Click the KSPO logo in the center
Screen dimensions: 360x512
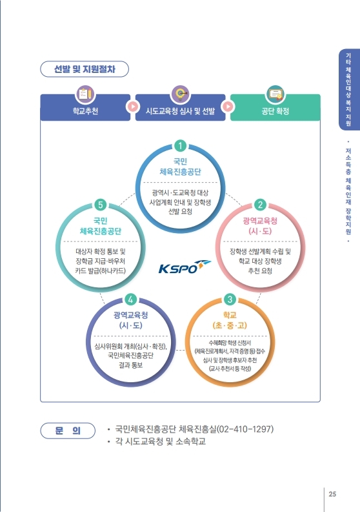click(x=185, y=267)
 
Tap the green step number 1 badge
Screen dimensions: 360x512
click(x=180, y=146)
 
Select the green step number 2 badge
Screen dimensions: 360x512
click(x=260, y=205)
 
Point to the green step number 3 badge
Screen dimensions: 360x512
click(x=230, y=299)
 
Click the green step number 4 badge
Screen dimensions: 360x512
click(x=130, y=299)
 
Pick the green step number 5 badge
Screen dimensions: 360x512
click(x=100, y=205)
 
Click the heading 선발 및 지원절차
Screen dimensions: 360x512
click(x=85, y=69)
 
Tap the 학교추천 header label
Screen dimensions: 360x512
click(x=85, y=111)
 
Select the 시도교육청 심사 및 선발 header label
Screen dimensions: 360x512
click(x=180, y=111)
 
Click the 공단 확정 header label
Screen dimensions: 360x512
click(x=275, y=111)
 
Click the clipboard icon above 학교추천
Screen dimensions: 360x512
click(x=85, y=94)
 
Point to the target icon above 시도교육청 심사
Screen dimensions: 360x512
click(x=181, y=94)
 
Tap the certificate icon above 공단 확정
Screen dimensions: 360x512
click(x=275, y=94)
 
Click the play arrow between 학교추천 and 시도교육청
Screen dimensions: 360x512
click(x=133, y=107)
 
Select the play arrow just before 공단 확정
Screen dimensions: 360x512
click(x=228, y=107)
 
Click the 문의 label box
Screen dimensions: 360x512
click(x=68, y=431)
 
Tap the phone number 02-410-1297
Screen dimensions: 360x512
click(x=245, y=429)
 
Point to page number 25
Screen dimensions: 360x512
click(x=332, y=494)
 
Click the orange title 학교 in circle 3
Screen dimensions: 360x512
click(x=230, y=315)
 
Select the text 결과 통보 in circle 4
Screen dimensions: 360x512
click(x=130, y=365)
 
